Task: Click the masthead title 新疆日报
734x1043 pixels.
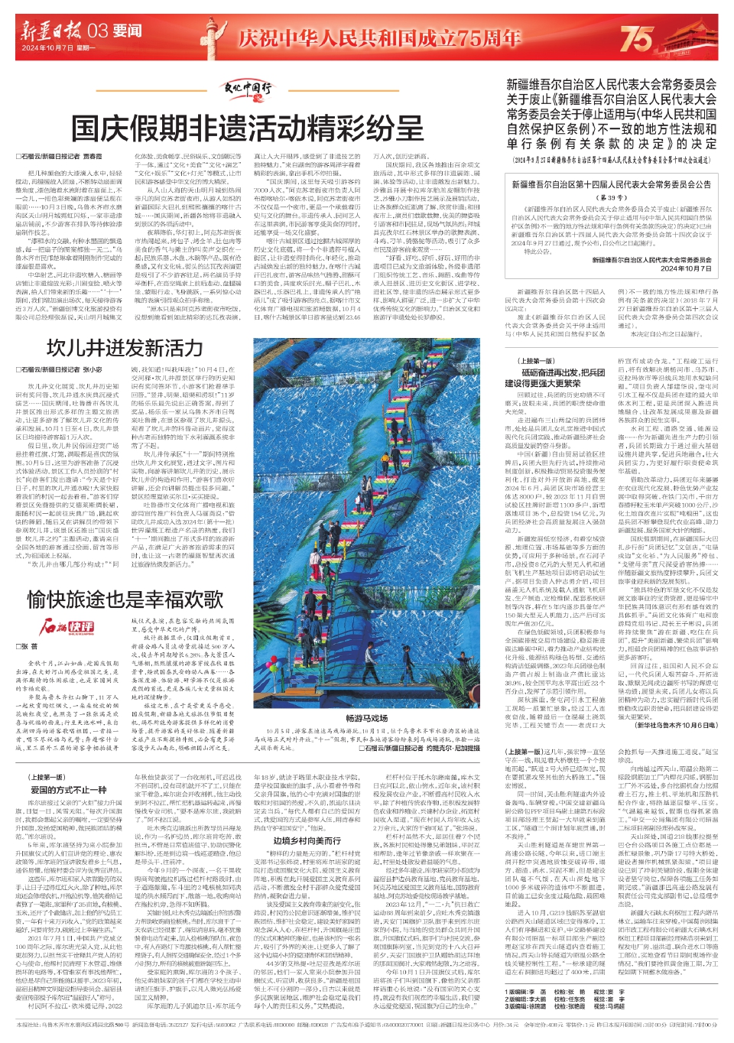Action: (x=51, y=31)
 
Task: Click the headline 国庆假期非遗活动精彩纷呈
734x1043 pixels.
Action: (x=258, y=128)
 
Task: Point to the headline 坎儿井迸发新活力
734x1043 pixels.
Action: (x=125, y=349)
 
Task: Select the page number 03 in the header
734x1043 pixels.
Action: (x=97, y=31)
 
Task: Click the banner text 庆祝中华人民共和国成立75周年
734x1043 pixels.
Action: (x=379, y=37)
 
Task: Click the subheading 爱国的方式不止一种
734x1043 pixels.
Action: (x=68, y=789)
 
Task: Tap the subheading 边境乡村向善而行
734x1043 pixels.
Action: (x=307, y=840)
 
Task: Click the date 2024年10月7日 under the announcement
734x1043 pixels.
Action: (x=686, y=268)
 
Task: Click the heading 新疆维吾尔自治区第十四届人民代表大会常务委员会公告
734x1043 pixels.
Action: (x=611, y=184)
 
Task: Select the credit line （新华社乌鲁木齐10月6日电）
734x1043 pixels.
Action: (x=675, y=725)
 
